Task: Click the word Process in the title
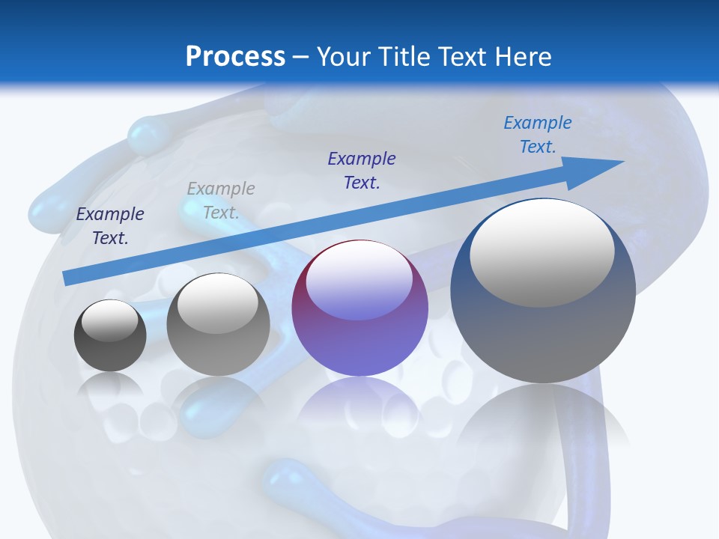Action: click(x=235, y=57)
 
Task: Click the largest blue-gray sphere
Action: click(x=543, y=337)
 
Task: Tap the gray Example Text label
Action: click(x=221, y=200)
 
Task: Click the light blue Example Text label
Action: click(x=538, y=134)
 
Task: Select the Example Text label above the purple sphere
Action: click(x=362, y=170)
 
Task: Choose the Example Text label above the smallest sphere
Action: click(x=110, y=225)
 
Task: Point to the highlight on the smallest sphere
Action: click(x=109, y=320)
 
